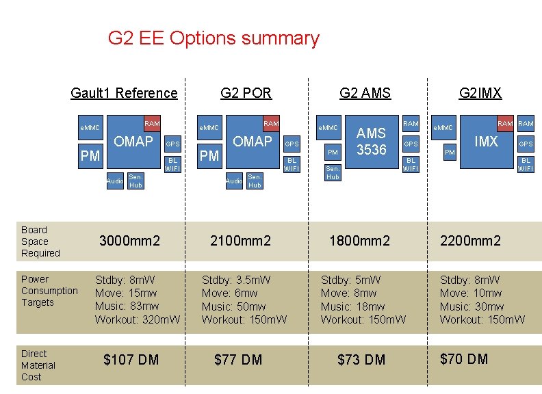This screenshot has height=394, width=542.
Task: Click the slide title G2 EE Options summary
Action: pos(214,38)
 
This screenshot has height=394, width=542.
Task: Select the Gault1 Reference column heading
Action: pos(124,93)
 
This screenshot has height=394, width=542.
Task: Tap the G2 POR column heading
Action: pos(246,93)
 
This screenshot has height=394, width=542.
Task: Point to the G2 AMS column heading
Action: pos(365,93)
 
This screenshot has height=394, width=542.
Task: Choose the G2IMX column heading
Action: pos(480,93)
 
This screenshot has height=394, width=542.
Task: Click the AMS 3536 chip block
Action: pos(372,142)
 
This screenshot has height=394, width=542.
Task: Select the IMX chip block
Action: pos(486,142)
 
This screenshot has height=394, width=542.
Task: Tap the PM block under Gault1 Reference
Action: pos(90,156)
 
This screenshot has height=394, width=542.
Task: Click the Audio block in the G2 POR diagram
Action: pos(234,181)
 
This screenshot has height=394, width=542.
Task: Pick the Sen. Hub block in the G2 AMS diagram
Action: pos(333,172)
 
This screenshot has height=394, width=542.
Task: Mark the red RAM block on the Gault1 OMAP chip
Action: pos(152,123)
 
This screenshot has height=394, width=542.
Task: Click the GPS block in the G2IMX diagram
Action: pos(526,144)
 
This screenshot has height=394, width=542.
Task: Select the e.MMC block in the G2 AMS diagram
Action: pos(328,128)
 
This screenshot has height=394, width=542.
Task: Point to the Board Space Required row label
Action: pos(40,241)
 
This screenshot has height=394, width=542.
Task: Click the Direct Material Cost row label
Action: pos(38,365)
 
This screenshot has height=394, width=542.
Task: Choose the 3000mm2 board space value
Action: pos(130,241)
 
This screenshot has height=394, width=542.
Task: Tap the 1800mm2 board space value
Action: pos(359,241)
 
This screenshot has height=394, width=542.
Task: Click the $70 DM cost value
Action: pos(464,359)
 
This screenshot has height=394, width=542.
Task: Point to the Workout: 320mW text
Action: pos(138,319)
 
